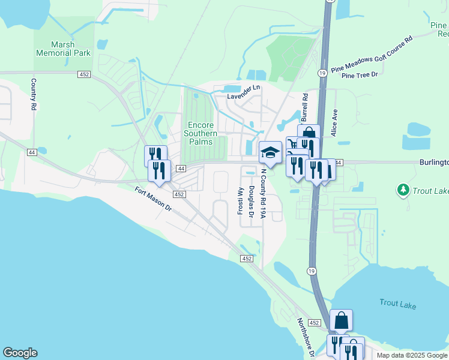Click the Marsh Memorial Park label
click(63, 48)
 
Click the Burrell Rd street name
click(305, 104)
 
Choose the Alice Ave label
click(336, 122)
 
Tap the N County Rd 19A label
click(263, 194)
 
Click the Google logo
click(20, 353)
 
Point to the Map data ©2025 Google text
click(412, 355)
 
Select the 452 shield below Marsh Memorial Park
click(84, 74)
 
